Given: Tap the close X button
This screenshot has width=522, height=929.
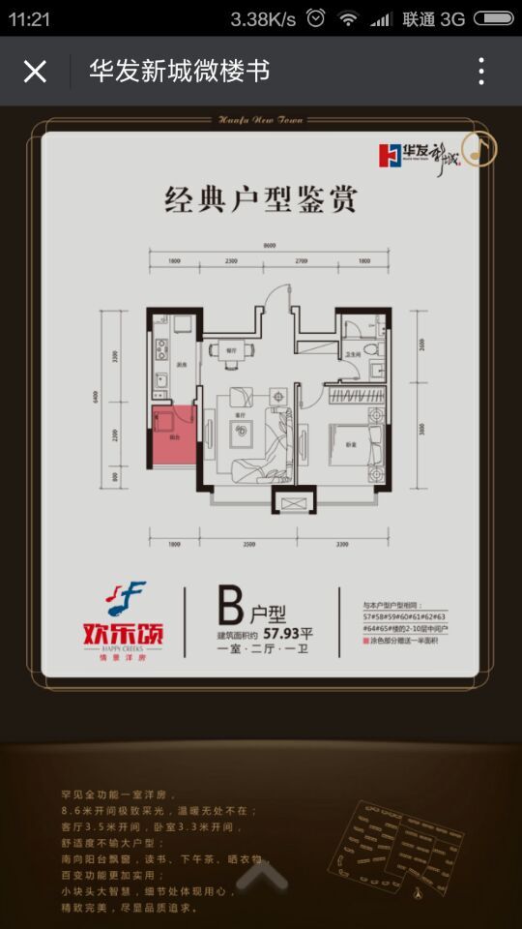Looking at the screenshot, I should pyautogui.click(x=35, y=72).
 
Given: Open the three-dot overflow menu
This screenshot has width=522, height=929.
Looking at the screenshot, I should pyautogui.click(x=481, y=72).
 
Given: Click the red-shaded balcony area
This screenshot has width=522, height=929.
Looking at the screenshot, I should pyautogui.click(x=170, y=432).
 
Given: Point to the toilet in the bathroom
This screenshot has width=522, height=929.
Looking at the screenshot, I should pyautogui.click(x=371, y=351).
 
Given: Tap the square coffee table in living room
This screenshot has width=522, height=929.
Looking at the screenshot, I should pyautogui.click(x=241, y=434).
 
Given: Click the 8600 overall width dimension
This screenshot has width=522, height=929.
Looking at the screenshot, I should pyautogui.click(x=268, y=246).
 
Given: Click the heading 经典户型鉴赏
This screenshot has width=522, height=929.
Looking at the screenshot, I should pyautogui.click(x=261, y=199).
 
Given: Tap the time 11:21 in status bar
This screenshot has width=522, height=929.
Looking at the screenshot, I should pyautogui.click(x=29, y=18).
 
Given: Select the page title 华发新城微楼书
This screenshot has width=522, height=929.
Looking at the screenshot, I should pyautogui.click(x=179, y=72).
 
